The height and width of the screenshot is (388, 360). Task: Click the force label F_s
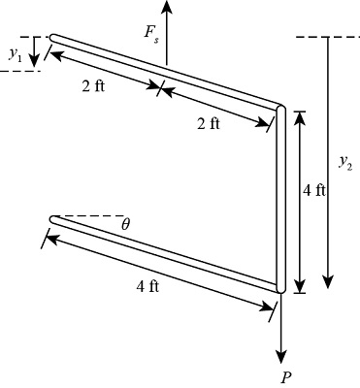coord(153,34)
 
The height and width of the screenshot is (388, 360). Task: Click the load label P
coord(284,377)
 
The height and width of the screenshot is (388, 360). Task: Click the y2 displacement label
coord(344,162)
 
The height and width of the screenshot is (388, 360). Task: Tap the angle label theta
coord(125,224)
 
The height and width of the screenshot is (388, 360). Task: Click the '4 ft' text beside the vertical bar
coord(313,190)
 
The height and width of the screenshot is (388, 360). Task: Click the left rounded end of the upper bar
coord(54,38)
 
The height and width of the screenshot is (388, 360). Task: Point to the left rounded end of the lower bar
coord(54,219)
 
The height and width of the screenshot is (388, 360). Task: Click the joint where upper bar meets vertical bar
coord(280,107)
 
